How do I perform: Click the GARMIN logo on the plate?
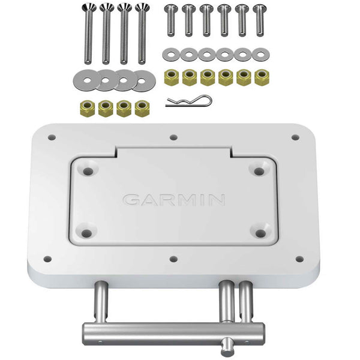pos(174,200)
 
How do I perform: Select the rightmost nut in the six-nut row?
pos(261,77)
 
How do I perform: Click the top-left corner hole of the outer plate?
pos(52,137)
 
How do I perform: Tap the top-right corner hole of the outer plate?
pos(295,137)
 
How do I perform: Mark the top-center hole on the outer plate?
pos(173,137)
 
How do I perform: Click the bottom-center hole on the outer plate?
pos(173,260)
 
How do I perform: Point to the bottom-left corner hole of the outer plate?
pos(47,259)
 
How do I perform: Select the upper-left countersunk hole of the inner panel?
pos(88,172)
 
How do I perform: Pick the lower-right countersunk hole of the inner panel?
pos(259,233)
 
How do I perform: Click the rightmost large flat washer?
pos(143,81)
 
